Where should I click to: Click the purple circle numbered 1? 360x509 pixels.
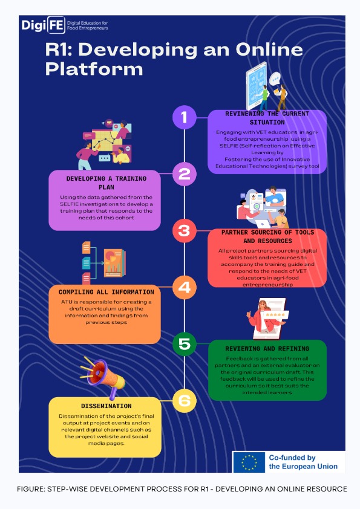coord(185,117)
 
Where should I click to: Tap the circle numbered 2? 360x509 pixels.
coord(185,174)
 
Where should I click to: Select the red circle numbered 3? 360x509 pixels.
coord(184,231)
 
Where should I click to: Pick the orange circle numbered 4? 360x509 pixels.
coord(184,287)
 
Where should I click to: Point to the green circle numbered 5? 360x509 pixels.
coord(185,344)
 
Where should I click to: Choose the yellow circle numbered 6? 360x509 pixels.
coord(185,401)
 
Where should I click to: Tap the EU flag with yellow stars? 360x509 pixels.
coord(249,462)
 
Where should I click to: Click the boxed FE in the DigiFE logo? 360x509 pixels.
coord(56,25)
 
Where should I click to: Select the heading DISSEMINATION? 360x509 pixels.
coord(106,406)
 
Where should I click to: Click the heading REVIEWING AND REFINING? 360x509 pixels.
coord(267,349)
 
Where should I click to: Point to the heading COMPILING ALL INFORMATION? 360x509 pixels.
coord(106,292)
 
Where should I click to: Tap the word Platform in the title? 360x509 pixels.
coord(94,69)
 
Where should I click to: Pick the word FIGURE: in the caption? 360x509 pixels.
coord(31,489)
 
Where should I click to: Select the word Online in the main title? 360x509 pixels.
coord(269,50)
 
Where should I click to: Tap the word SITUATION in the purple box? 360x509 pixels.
coord(267,122)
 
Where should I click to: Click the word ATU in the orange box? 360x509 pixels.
coord(67,302)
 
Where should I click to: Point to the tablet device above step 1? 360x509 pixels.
coord(257,86)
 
